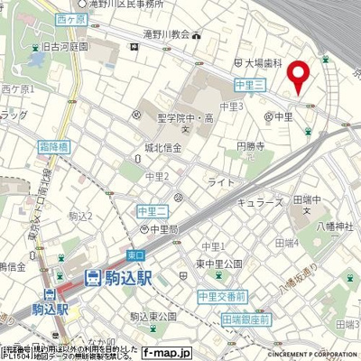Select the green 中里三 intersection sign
247,84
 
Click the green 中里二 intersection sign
153,210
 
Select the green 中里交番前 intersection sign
222,295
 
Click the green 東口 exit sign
135,255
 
